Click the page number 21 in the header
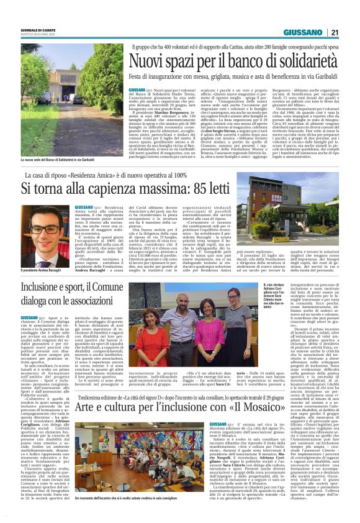tap(335, 32)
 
